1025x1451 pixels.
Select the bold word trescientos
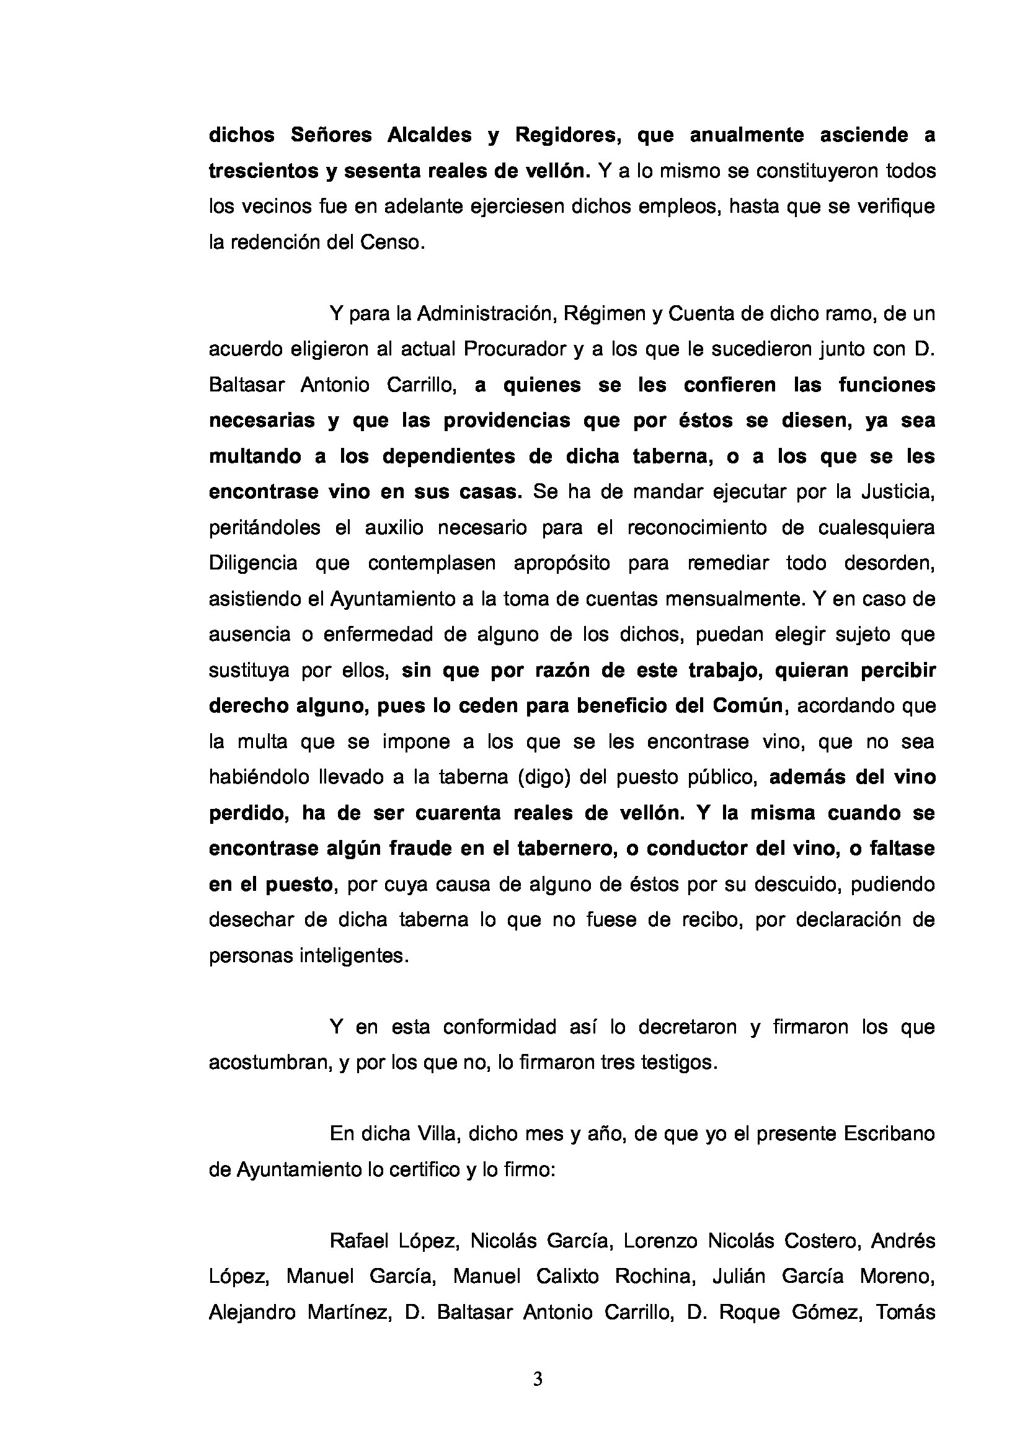tap(262, 171)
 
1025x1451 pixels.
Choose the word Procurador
tap(515, 349)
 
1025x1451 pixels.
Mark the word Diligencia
tap(252, 563)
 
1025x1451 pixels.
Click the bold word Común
tap(748, 706)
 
